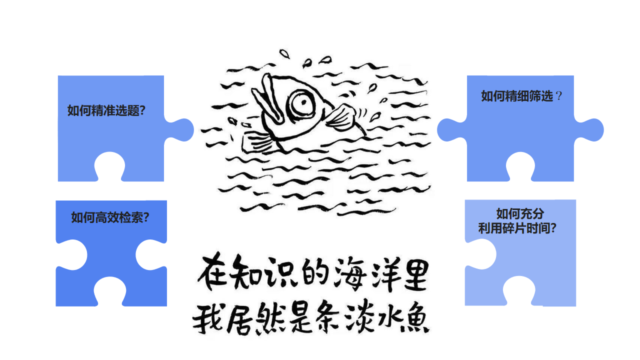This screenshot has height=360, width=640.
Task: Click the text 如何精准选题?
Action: coord(106,111)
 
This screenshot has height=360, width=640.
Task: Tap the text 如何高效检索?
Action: coord(110,217)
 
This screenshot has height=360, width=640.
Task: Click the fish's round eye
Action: coord(303,103)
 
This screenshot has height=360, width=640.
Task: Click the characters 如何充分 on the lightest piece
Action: coord(519,214)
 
